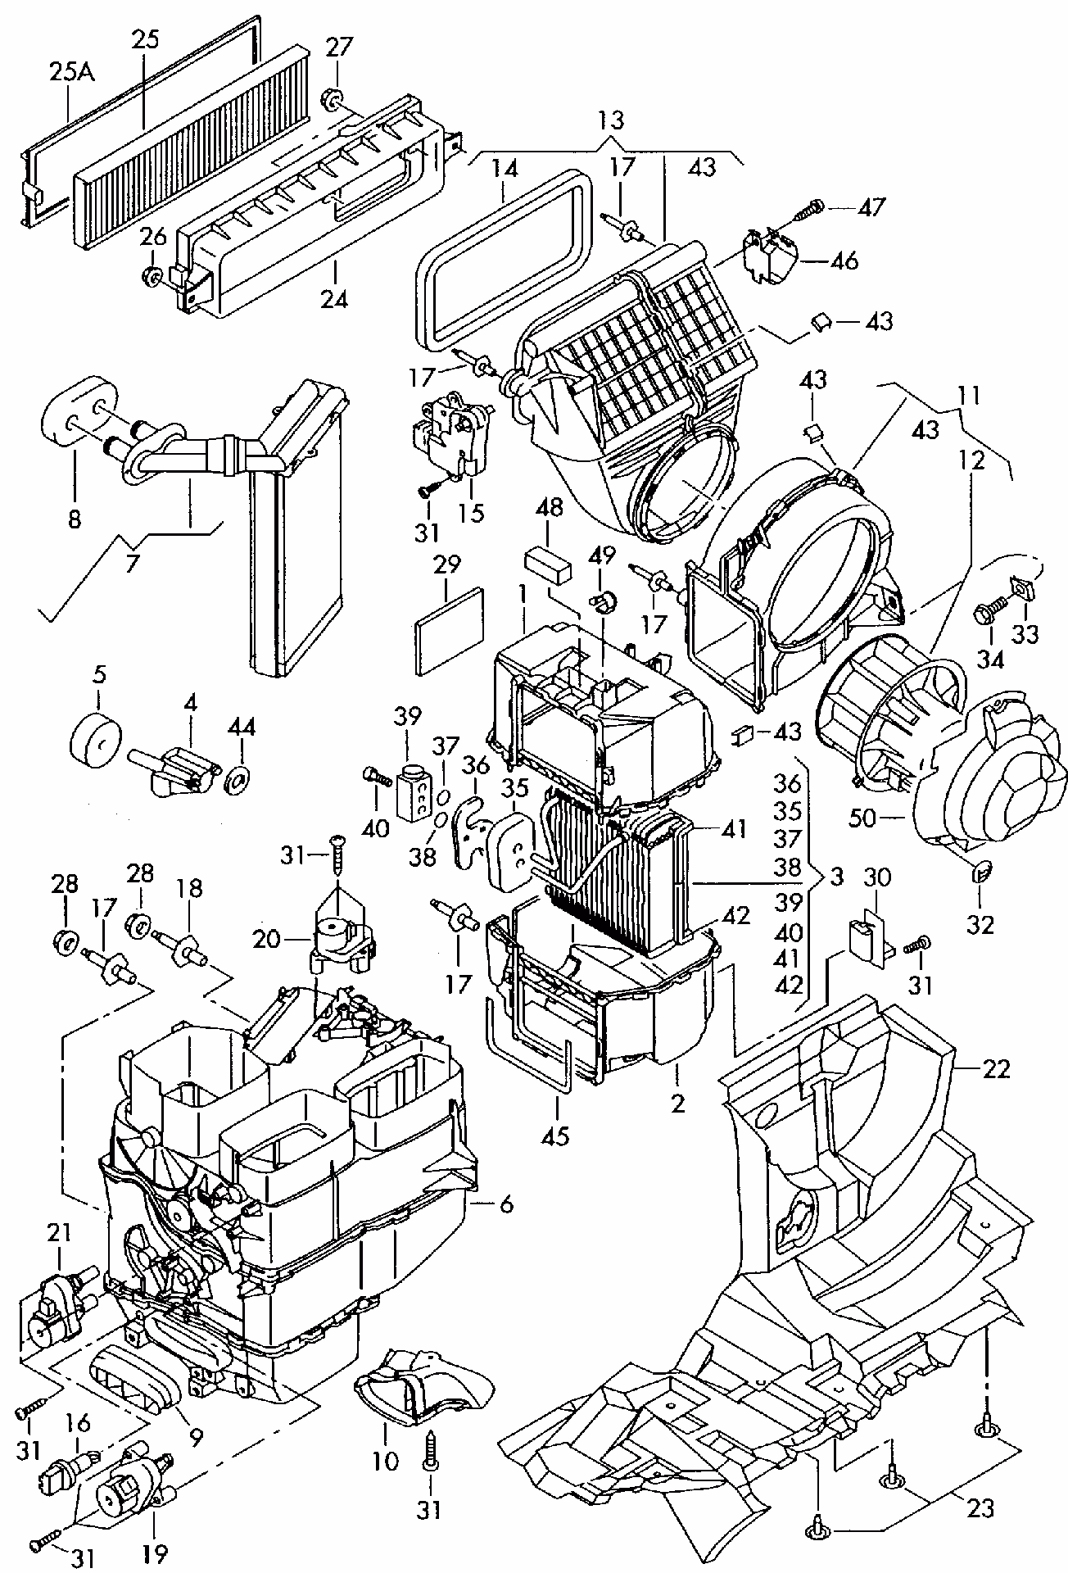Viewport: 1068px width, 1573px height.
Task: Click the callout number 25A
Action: coord(72,72)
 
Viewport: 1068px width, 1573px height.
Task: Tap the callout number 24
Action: coord(334,298)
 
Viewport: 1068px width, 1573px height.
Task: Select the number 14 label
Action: coord(505,170)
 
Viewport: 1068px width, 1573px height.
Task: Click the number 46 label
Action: coord(844,261)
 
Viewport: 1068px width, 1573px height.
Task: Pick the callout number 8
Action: coord(75,519)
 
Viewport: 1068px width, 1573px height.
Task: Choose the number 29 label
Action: coord(446,565)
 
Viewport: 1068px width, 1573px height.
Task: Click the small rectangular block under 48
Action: coord(550,564)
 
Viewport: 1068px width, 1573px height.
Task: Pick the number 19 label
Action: coord(155,1553)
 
